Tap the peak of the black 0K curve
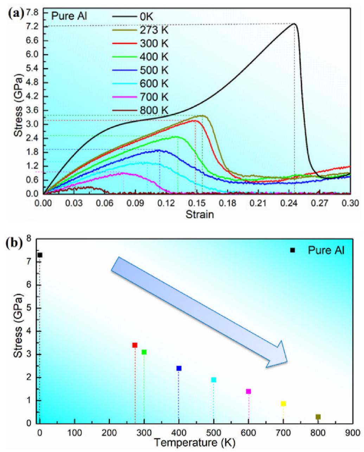click(x=294, y=24)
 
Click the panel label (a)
click(x=17, y=14)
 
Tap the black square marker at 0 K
click(x=40, y=255)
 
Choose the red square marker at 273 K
click(x=135, y=345)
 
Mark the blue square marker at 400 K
click(x=179, y=368)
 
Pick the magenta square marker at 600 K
click(x=248, y=391)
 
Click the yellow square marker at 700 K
click(x=283, y=403)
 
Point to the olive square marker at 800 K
click(x=318, y=417)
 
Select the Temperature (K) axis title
click(x=196, y=442)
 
